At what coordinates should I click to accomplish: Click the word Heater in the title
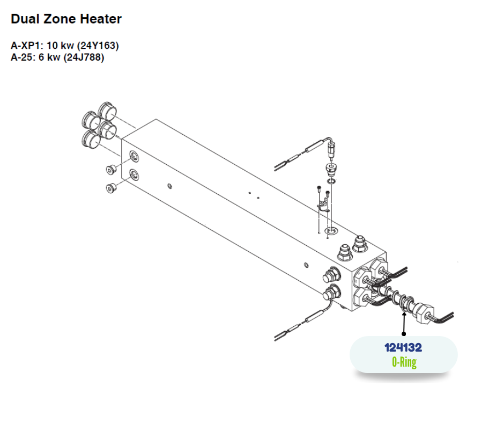coord(101,19)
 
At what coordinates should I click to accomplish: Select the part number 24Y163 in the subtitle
coord(98,46)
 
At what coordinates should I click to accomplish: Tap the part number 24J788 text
coord(84,57)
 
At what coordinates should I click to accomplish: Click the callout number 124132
coord(403,348)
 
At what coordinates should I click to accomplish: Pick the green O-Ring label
coord(404,362)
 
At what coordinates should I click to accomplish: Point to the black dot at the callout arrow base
coord(404,334)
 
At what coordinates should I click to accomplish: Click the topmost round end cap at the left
coord(107,111)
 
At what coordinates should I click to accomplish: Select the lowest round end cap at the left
coord(91,139)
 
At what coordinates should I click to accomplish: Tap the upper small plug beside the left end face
coord(111,169)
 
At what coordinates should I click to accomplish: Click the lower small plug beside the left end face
coord(111,188)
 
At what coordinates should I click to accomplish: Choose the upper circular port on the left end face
coord(134,156)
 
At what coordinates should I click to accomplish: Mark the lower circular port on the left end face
coord(134,174)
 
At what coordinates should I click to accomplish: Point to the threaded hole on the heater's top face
coord(331,230)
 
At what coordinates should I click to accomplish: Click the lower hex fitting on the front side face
coord(331,293)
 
